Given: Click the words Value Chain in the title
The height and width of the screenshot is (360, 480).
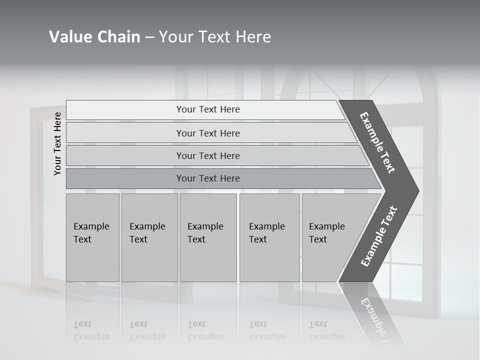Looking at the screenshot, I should [94, 37].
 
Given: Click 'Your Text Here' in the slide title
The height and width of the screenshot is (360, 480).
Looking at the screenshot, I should [215, 37].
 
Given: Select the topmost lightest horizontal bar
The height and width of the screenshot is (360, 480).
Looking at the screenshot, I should [208, 109].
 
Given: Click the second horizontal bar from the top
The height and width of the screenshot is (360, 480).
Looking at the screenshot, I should [208, 133].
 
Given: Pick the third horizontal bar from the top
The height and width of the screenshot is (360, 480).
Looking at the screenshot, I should [208, 155].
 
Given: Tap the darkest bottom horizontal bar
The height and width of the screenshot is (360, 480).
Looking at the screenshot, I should [208, 178].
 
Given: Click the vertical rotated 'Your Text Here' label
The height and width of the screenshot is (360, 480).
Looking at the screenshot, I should [57, 144].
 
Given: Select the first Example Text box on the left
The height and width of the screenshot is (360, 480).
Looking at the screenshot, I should [92, 237].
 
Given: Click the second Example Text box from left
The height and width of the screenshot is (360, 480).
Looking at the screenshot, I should [149, 237].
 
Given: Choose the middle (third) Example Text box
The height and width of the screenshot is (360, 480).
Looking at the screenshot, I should [208, 237].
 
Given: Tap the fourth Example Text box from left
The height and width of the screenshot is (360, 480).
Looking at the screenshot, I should [269, 237].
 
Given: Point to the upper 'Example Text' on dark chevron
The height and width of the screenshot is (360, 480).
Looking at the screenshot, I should [377, 142].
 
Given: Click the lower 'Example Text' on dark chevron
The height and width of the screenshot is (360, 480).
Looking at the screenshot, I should [379, 236].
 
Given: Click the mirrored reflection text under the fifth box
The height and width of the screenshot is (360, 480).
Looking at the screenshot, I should [326, 330].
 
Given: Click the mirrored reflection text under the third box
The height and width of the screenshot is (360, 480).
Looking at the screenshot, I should [204, 330].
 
